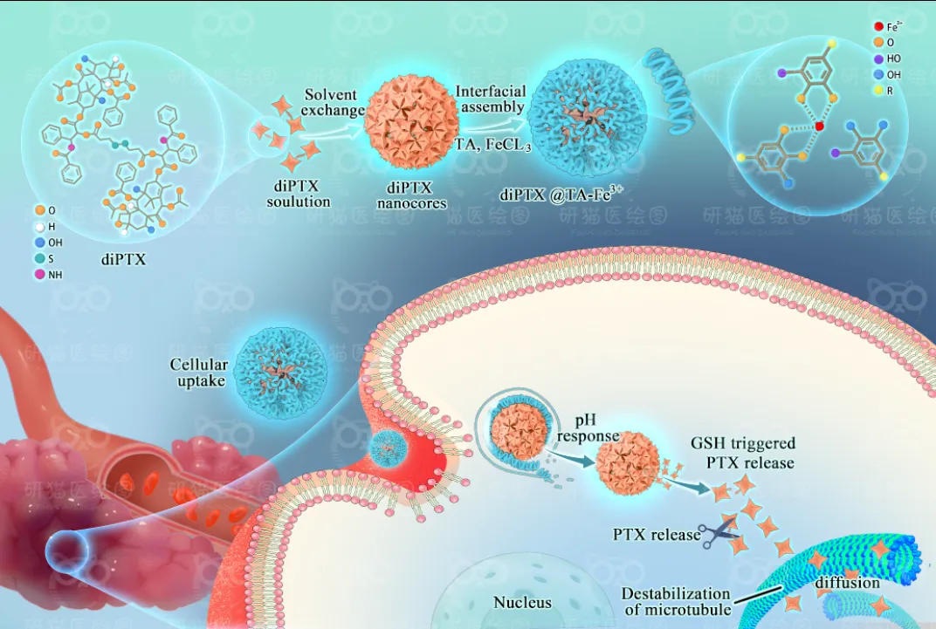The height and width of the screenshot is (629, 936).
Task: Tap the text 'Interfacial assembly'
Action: (490, 99)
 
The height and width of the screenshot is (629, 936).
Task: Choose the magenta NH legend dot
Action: (41, 274)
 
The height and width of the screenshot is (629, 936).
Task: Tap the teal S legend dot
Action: (41, 258)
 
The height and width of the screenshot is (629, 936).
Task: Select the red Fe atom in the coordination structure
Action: (819, 127)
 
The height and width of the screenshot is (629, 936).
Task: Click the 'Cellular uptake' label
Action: (200, 373)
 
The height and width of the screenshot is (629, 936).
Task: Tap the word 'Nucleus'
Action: (522, 602)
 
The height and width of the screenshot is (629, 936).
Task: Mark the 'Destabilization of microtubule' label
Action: (678, 602)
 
